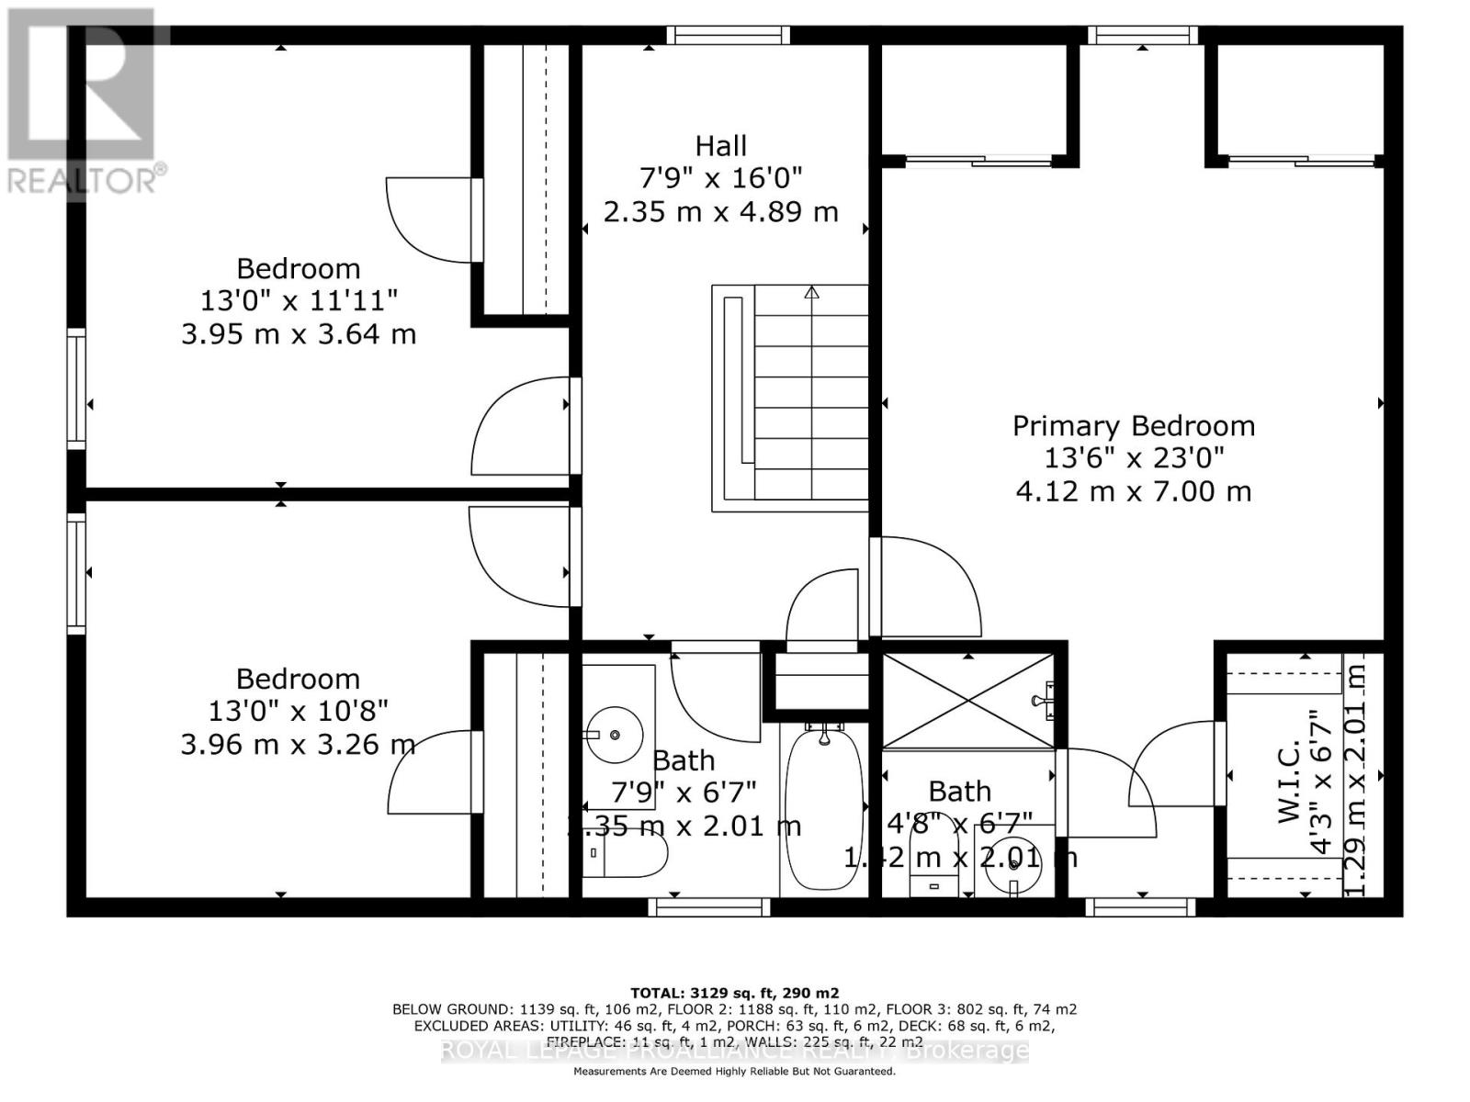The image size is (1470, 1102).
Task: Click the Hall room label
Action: pos(720,146)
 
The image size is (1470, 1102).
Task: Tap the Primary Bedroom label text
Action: pos(1133,426)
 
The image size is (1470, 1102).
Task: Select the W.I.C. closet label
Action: pos(1290,782)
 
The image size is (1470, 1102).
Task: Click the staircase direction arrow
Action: pos(811,294)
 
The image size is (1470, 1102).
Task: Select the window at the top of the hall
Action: pos(728,35)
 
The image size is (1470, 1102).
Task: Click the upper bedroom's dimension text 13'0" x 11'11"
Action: pos(299,300)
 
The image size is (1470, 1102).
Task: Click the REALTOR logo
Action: pos(85,101)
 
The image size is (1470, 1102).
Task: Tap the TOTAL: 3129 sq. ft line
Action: pos(734,993)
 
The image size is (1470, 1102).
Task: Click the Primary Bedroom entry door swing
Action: pos(928,588)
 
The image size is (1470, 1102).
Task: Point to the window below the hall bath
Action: pos(708,907)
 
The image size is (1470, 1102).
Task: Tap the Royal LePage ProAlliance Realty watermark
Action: pos(734,1051)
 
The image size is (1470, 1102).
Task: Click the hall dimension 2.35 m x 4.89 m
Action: pos(720,212)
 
